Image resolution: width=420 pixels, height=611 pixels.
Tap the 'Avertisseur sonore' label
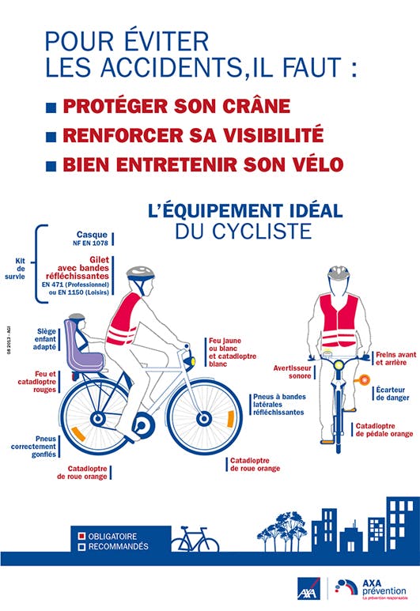293,372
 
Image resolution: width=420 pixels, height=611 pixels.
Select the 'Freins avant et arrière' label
395,360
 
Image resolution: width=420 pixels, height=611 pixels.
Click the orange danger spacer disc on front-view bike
365,380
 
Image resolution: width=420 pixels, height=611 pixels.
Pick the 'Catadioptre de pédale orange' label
384,430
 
